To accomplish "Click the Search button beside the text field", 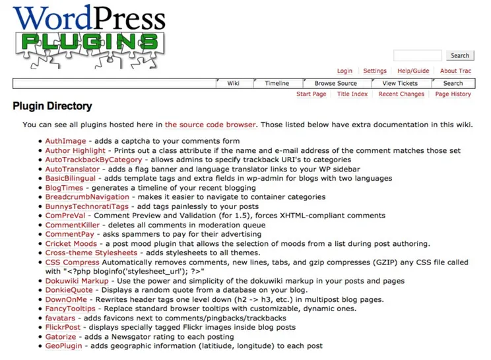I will coord(460,56).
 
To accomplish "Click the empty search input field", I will coord(418,56).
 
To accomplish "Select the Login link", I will coord(344,71).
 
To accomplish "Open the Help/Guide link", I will coord(413,71).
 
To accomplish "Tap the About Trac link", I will coord(456,71).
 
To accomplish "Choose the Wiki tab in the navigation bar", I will coord(234,84).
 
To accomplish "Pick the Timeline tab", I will coord(277,84).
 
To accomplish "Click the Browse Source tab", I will coord(335,84).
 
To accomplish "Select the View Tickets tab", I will coord(400,84).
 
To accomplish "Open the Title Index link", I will coord(352,94).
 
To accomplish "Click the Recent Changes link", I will coord(401,94).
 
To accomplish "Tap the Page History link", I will coord(453,94).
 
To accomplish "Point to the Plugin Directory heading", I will coord(53,106).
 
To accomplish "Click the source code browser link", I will coord(211,124).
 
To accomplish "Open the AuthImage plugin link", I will coord(65,141).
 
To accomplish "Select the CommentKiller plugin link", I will coord(71,225).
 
